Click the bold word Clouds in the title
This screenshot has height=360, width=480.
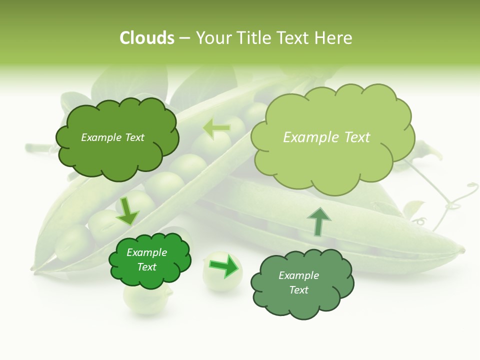[146, 38]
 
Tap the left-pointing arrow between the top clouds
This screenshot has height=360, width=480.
[216, 128]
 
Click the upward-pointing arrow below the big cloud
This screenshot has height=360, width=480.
[318, 221]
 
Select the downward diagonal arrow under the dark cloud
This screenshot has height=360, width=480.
[127, 211]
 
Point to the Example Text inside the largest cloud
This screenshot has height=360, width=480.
[326, 137]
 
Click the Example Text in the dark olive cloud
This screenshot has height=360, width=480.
[112, 137]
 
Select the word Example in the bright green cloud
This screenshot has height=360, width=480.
[146, 252]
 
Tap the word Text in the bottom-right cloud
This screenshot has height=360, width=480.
[298, 290]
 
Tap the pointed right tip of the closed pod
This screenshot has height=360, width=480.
[462, 249]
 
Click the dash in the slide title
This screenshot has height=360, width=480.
[184, 38]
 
